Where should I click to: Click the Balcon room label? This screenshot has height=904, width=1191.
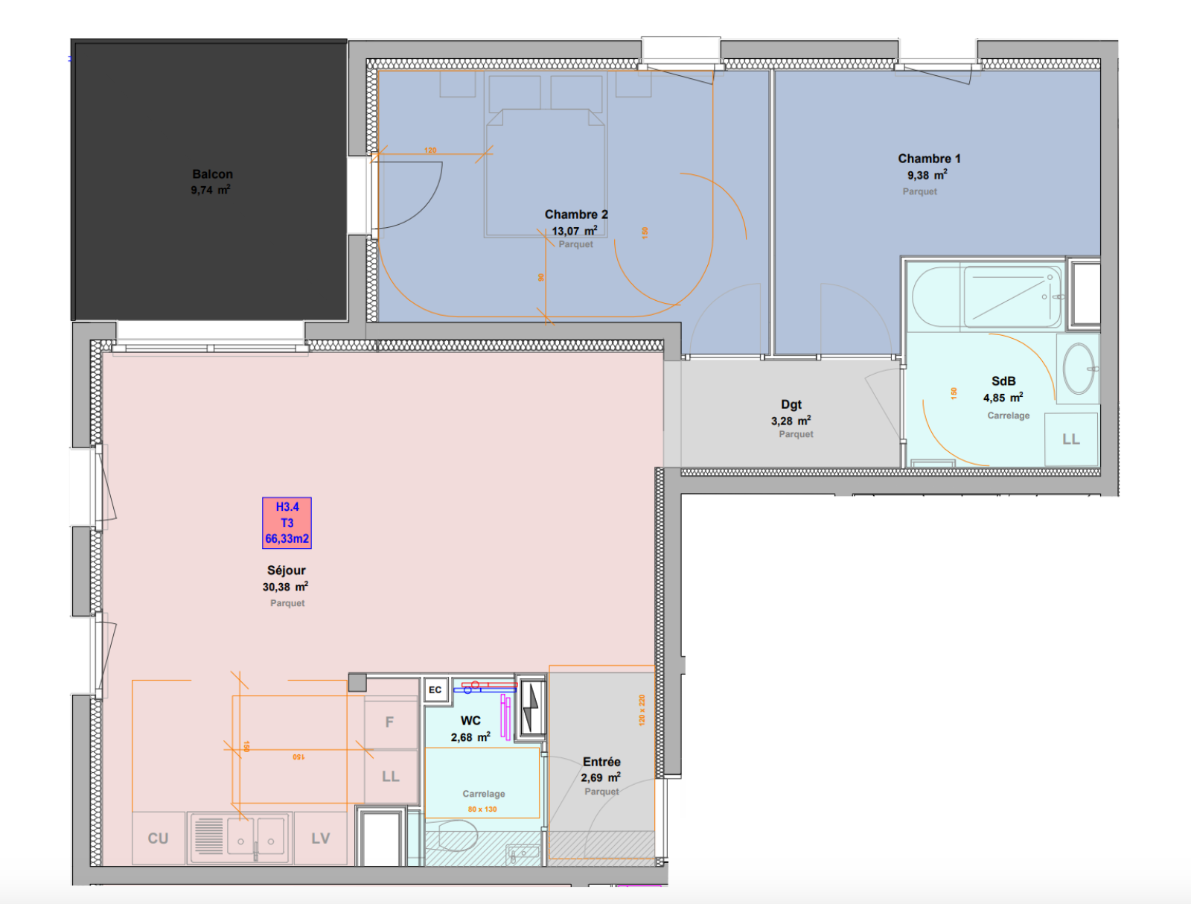click(x=212, y=174)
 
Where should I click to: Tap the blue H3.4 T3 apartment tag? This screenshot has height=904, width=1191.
click(x=287, y=523)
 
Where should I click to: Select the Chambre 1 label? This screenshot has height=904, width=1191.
click(x=929, y=159)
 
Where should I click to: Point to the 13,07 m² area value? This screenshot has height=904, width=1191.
click(x=575, y=231)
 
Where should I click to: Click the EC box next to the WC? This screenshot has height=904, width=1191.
click(x=435, y=690)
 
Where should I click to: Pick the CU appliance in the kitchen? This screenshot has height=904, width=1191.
click(x=158, y=838)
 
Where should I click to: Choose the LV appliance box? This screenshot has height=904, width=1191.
click(x=321, y=838)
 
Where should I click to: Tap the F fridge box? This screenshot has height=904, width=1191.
click(x=389, y=722)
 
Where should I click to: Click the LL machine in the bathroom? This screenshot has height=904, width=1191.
click(x=1070, y=439)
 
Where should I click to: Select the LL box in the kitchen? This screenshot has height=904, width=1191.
click(x=391, y=777)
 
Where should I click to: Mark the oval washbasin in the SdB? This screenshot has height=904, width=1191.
click(x=1078, y=369)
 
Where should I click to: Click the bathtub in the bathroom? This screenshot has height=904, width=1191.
click(x=986, y=297)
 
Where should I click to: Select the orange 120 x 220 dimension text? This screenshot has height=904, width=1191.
click(x=642, y=710)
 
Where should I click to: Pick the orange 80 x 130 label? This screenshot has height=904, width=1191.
click(x=482, y=809)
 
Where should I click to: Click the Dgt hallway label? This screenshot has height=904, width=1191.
click(x=791, y=404)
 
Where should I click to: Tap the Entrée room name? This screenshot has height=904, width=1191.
click(x=601, y=761)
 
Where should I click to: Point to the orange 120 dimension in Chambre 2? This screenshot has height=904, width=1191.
click(x=430, y=150)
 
